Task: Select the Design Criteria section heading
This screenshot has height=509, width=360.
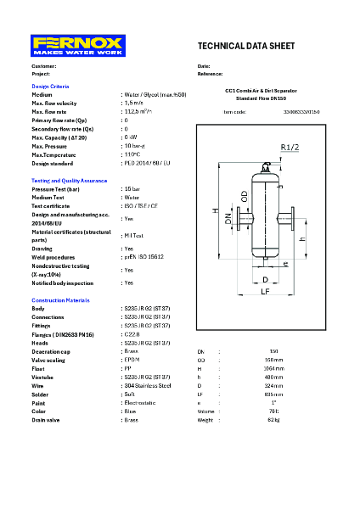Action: pos(50,87)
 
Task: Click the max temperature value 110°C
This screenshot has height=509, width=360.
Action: pos(134,154)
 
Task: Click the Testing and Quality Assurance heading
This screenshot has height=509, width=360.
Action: pos(70,181)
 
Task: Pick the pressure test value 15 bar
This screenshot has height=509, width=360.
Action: pos(133,189)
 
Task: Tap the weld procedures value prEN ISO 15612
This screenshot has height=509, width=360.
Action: pos(144,256)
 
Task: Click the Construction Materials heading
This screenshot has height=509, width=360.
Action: pos(60,301)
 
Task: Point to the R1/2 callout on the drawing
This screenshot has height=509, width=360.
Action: pos(312,148)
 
